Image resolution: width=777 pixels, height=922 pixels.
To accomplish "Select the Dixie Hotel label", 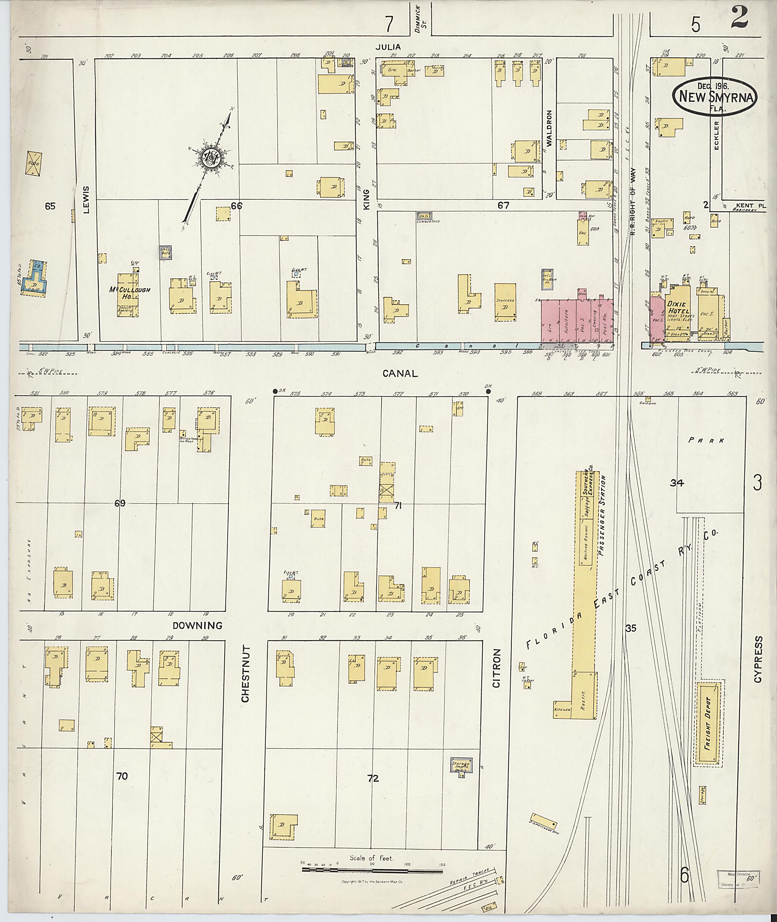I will pos(678,307).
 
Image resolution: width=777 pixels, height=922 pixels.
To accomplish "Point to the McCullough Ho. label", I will pos(129,293).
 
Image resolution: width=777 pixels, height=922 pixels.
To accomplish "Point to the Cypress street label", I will pos(758,659).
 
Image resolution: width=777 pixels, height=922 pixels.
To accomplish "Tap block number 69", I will pos(120,503).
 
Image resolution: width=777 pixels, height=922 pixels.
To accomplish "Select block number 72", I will pos(373,778).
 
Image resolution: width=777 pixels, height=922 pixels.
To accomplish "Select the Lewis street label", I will pos(86,200).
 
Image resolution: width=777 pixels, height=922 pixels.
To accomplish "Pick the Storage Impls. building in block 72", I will pos(461,765).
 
